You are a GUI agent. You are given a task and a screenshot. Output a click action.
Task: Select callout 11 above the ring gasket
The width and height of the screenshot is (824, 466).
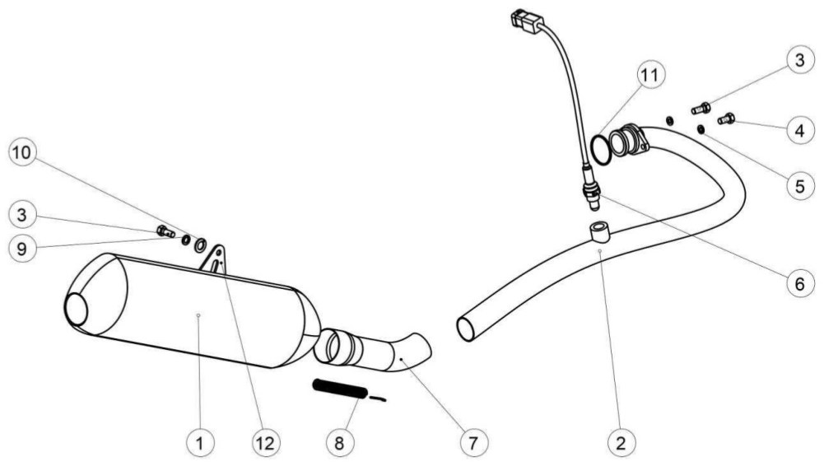coord(650,75)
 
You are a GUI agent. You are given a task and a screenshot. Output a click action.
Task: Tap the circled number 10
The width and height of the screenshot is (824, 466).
coord(22,153)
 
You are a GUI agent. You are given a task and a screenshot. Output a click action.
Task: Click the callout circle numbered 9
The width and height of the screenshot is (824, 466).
coord(22,248)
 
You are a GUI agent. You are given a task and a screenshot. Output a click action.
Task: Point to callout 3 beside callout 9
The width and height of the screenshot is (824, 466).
coord(22,214)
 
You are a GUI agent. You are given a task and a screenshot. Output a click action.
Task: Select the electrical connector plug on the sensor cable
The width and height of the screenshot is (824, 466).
coord(526,21)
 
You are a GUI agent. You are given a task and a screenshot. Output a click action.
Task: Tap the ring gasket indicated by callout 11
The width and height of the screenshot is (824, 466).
coord(601,149)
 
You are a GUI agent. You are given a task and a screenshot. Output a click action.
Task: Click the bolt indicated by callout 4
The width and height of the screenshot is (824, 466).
coord(726,119)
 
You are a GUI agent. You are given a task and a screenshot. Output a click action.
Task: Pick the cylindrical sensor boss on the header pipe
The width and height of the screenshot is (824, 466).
coord(599,231)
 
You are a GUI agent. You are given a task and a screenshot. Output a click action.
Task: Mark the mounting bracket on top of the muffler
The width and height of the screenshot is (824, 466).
coord(214,259)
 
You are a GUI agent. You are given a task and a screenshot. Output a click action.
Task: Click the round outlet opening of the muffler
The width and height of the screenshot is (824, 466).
coord(77,309)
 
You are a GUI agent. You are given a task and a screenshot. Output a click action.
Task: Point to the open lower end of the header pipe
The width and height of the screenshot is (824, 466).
coord(466,329)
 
